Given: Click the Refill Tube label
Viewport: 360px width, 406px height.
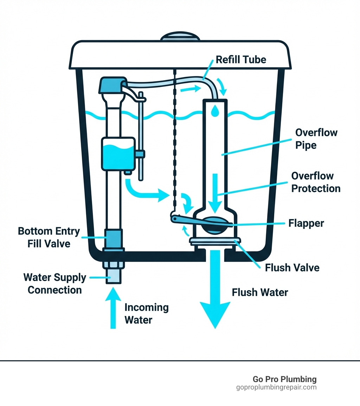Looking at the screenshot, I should [x=241, y=59].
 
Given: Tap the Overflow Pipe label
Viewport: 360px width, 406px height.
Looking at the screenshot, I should [x=316, y=139].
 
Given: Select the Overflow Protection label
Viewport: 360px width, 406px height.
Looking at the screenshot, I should [x=316, y=182].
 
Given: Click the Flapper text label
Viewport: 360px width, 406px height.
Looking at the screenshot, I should [x=306, y=223].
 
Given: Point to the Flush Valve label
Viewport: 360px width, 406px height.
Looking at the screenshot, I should [x=292, y=268].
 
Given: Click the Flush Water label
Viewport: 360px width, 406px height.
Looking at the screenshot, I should [x=260, y=292].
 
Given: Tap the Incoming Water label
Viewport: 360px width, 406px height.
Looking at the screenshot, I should [x=147, y=313].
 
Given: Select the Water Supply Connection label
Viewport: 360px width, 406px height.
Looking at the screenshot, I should [x=54, y=284].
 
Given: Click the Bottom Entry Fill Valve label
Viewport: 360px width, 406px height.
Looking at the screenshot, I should [x=49, y=237].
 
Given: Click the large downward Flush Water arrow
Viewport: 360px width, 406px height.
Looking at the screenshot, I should [x=215, y=296].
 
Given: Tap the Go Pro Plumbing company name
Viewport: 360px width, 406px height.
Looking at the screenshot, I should [x=284, y=379].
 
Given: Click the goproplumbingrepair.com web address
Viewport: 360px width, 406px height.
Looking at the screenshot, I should [x=276, y=387].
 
